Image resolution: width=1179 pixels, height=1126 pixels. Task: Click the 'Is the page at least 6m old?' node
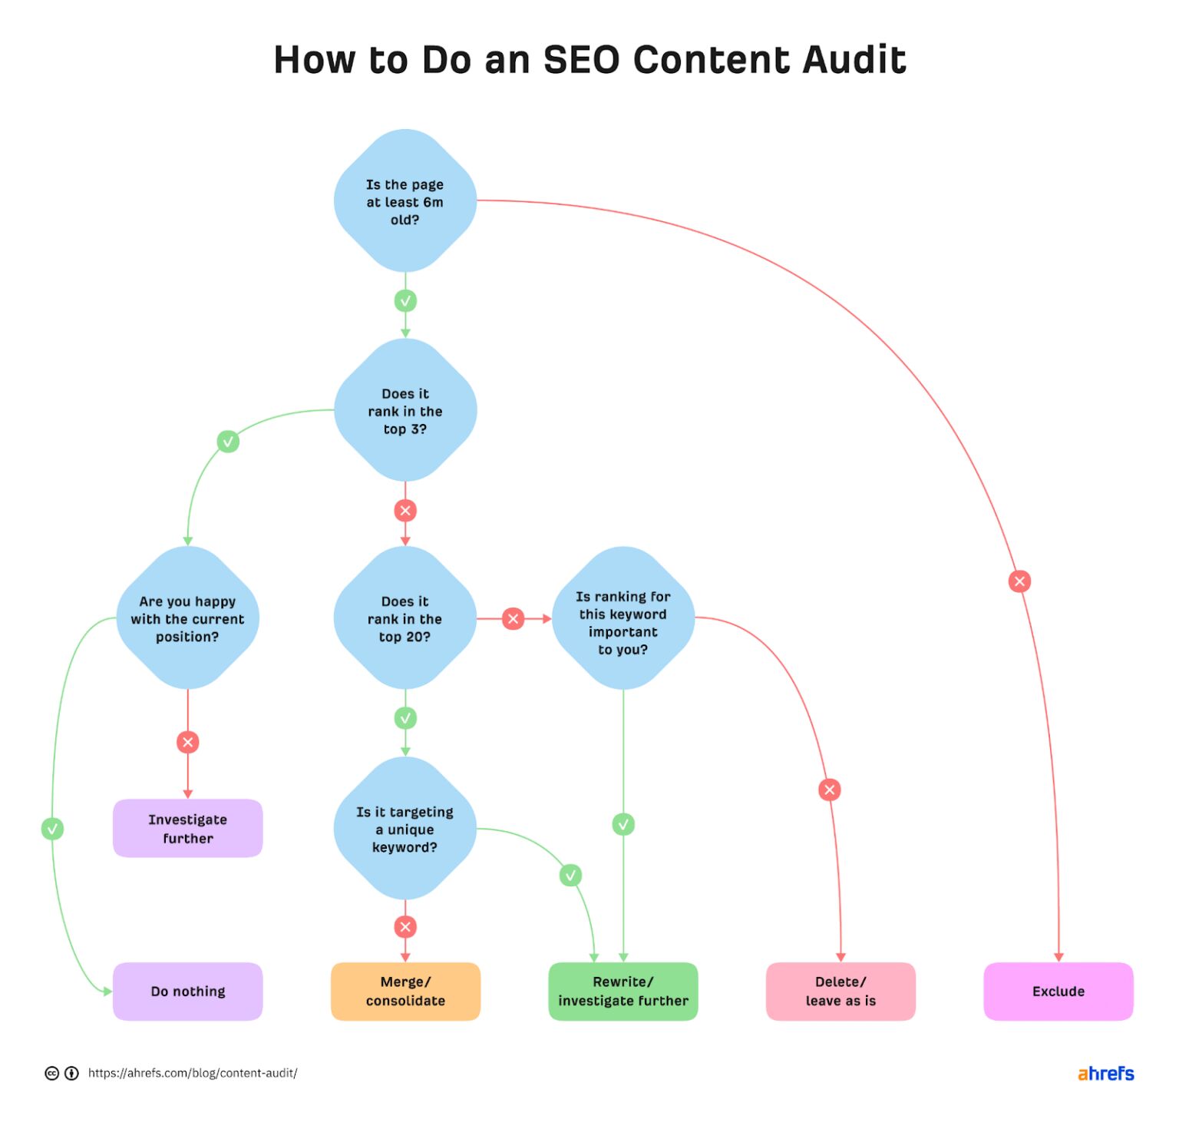click(x=405, y=201)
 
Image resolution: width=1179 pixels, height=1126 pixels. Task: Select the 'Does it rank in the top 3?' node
click(x=405, y=411)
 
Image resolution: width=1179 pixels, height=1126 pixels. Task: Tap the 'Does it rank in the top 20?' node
click(x=405, y=618)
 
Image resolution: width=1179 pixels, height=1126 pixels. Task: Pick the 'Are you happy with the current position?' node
click(x=187, y=618)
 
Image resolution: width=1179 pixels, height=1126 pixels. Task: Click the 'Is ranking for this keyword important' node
click(x=623, y=618)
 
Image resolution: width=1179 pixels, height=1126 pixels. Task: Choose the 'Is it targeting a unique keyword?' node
click(x=405, y=829)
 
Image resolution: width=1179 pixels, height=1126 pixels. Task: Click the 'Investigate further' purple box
click(x=187, y=829)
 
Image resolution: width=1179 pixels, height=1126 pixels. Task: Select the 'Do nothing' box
click(x=187, y=992)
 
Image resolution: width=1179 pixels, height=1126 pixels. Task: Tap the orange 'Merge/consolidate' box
click(x=405, y=992)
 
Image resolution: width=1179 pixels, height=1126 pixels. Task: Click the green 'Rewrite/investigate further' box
click(x=623, y=992)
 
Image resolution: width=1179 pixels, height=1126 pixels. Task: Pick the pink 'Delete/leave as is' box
click(x=840, y=992)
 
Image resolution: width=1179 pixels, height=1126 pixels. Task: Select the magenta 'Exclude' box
click(x=1058, y=992)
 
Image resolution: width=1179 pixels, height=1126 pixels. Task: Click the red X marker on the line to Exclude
click(x=1019, y=581)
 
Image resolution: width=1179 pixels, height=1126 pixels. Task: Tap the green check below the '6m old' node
click(x=405, y=301)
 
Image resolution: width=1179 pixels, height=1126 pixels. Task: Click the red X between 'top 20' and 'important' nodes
click(x=514, y=618)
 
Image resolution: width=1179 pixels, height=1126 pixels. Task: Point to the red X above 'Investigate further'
click(x=187, y=742)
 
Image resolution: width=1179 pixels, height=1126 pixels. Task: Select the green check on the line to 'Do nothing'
click(x=52, y=829)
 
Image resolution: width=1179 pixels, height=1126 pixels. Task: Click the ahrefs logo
click(x=1105, y=1073)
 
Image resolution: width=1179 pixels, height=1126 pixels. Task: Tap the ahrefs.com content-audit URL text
click(x=193, y=1073)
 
